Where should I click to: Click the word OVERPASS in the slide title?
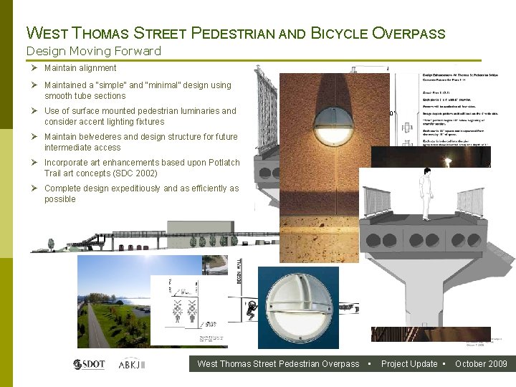coord(409,33)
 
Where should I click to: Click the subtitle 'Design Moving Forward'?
coord(93,51)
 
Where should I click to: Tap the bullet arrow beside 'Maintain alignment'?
coord(34,68)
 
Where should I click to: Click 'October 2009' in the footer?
coord(481,364)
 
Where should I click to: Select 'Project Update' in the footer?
coord(409,364)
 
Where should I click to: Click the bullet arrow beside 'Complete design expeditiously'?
coord(34,188)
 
